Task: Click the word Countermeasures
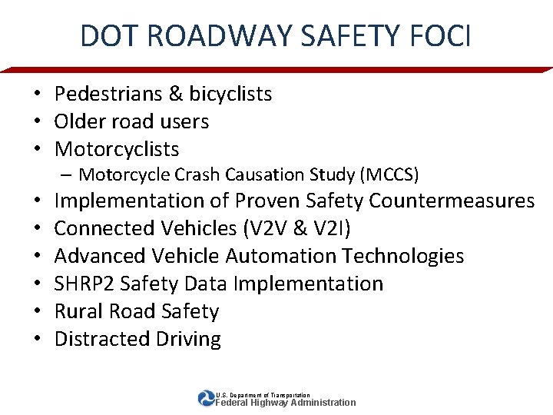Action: pyautogui.click(x=452, y=201)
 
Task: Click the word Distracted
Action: pyautogui.click(x=104, y=339)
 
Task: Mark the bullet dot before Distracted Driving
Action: pyautogui.click(x=37, y=339)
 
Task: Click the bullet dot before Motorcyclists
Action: pyautogui.click(x=37, y=149)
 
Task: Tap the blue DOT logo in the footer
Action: pyautogui.click(x=207, y=398)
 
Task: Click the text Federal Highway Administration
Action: pyautogui.click(x=286, y=402)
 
